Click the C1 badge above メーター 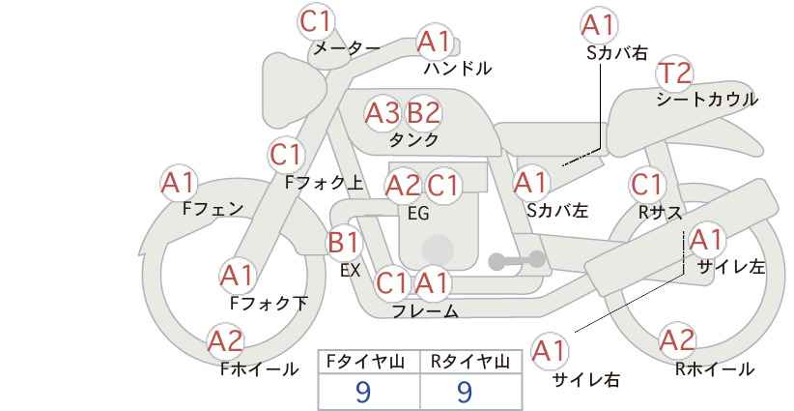tap(316, 22)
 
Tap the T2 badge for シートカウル tap(674, 74)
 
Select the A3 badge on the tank tap(383, 113)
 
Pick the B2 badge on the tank tap(424, 113)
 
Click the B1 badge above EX tap(344, 243)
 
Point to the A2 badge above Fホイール tap(226, 342)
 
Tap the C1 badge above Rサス tap(647, 185)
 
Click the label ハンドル tap(458, 69)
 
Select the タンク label tap(414, 139)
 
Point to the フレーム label tap(425, 311)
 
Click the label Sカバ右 tap(617, 53)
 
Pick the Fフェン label tap(213, 208)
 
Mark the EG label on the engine tap(418, 214)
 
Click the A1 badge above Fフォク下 tap(238, 277)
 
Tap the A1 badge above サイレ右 tap(550, 351)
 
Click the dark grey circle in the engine tap(438, 250)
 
